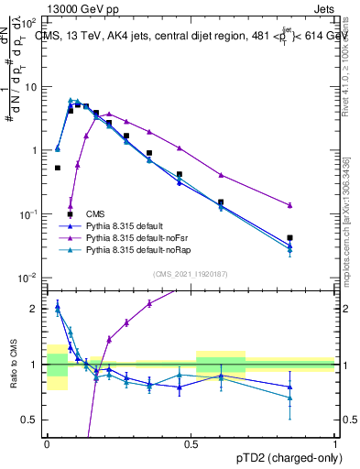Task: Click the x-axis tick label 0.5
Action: pos(191,443)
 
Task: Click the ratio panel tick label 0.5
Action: pos(33,420)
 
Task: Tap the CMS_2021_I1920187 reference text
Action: pos(191,273)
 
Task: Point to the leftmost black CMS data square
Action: pos(58,168)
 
